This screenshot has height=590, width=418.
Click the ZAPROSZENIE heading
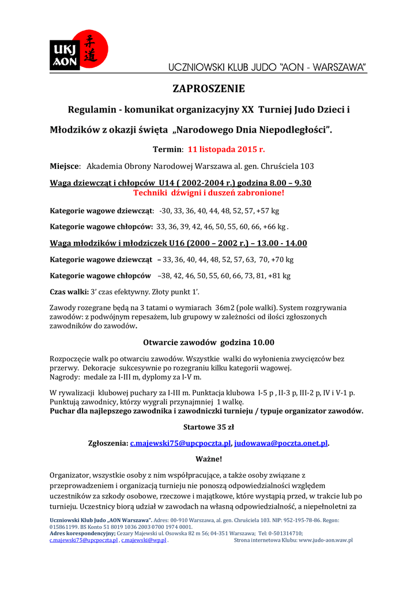[209, 89]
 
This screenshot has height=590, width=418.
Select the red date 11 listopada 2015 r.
[227, 149]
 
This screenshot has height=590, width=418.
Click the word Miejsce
[65, 167]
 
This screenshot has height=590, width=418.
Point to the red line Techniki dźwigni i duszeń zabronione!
[209, 192]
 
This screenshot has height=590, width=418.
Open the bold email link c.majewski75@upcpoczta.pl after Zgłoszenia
[180, 443]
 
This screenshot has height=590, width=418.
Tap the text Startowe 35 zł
[209, 427]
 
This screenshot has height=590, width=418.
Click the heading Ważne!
[209, 459]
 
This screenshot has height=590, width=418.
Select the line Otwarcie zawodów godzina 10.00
[209, 342]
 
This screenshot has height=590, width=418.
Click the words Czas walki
[66, 292]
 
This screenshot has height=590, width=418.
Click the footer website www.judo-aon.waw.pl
[325, 540]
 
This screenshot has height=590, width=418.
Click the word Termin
[167, 149]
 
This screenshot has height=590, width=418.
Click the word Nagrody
[64, 377]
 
